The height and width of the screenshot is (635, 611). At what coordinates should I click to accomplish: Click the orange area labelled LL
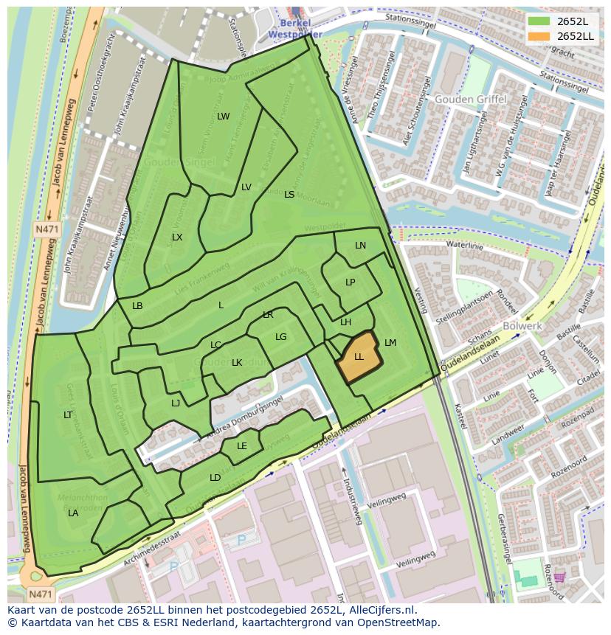point(359,357)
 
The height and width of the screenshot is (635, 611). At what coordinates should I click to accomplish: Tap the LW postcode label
point(223,117)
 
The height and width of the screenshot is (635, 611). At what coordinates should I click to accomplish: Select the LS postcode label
point(289,195)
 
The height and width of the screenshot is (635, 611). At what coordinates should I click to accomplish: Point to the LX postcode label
point(177,237)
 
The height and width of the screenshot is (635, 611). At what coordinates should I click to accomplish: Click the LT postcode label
point(68,415)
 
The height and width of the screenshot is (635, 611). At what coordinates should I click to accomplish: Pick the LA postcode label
point(73,513)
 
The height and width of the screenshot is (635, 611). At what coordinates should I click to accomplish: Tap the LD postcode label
point(215,478)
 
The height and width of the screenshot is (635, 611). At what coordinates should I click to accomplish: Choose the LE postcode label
point(242,446)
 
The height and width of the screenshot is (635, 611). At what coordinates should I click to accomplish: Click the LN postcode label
point(360,246)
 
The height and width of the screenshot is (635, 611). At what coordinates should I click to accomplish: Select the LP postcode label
point(351,282)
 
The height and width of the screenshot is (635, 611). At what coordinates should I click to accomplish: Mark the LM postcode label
point(390,343)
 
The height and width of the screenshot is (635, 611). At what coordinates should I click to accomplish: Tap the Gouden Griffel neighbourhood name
point(470,100)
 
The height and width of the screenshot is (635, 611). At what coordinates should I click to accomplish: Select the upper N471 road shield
point(46,229)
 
